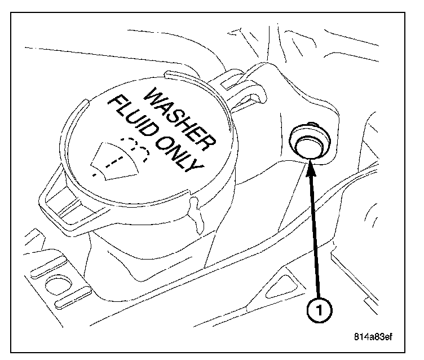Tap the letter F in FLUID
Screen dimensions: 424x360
pos(112,102)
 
